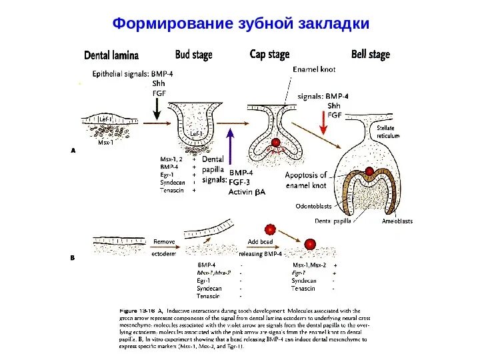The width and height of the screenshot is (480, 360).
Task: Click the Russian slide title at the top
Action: point(240,23)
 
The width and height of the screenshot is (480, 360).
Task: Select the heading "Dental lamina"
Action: point(111,55)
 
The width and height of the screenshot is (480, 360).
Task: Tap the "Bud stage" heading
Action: point(193,55)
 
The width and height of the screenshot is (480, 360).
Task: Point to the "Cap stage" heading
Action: point(269,54)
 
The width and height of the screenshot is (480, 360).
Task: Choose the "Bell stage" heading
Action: point(370,54)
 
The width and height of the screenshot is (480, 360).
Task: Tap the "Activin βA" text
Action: point(247,192)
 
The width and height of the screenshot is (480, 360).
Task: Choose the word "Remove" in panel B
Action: point(164,241)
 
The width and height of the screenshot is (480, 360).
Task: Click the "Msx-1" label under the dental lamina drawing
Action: point(105,142)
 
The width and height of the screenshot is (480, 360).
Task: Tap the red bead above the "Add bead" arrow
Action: point(270,229)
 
